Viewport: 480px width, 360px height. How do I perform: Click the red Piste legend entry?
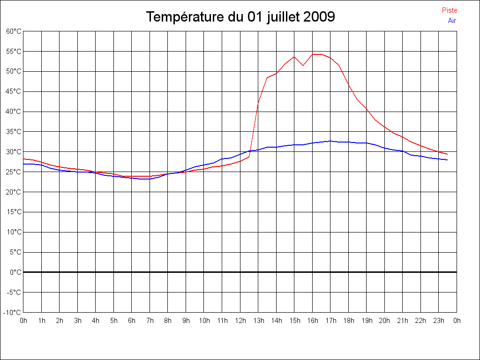tap(450, 10)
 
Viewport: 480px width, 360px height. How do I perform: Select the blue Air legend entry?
tap(452, 20)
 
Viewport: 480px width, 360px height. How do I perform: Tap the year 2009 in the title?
tap(319, 17)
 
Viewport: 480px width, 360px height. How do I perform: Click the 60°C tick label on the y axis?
tap(14, 31)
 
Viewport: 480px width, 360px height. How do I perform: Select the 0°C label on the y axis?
tap(15, 272)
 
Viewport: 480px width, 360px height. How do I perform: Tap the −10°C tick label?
tap(13, 312)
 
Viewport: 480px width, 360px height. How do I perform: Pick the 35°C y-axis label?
tap(14, 132)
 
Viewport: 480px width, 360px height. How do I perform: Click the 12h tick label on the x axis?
tap(240, 321)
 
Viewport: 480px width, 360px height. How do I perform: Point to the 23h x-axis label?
tap(439, 321)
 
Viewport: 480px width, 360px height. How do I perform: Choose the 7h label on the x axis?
tap(150, 321)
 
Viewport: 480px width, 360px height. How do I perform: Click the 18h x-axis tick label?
tap(348, 321)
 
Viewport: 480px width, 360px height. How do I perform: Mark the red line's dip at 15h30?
tap(303, 65)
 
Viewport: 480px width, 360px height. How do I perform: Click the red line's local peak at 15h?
tap(294, 57)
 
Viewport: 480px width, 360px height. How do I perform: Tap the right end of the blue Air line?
tap(448, 160)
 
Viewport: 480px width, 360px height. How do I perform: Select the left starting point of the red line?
tap(23, 159)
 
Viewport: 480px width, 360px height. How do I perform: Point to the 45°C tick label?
tap(14, 91)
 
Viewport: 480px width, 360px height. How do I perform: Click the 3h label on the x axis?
tap(78, 321)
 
